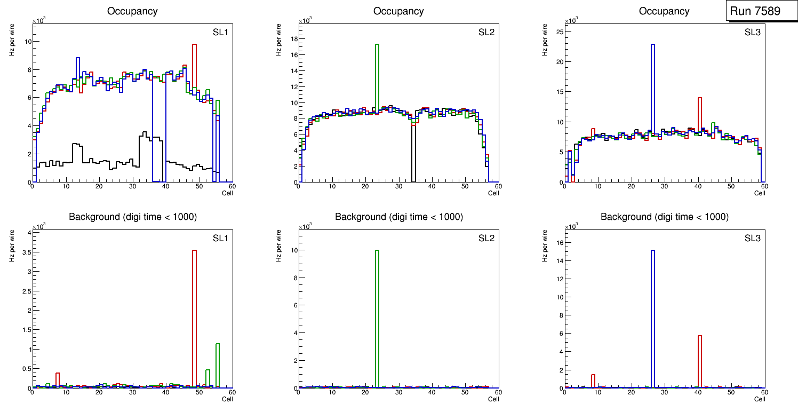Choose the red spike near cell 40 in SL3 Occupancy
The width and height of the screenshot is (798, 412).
point(699,115)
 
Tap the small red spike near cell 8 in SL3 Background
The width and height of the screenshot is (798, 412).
point(593,381)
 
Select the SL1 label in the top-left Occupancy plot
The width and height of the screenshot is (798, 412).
point(220,33)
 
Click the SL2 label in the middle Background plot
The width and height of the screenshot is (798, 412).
point(486,238)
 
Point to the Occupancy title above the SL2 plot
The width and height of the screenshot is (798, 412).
point(398,11)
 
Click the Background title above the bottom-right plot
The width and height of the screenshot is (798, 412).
point(664,217)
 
